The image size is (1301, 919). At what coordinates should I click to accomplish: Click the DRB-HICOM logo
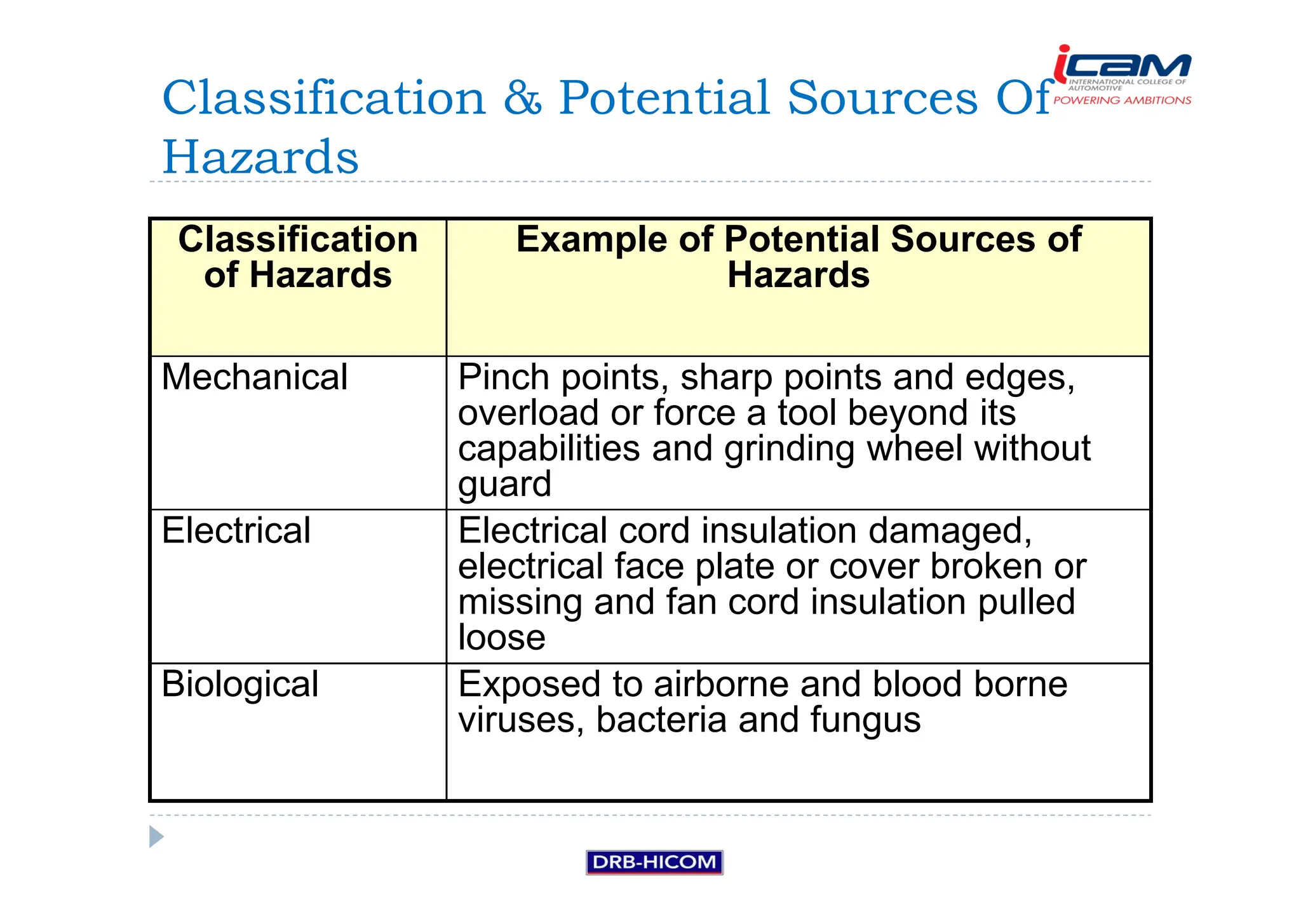pos(654,862)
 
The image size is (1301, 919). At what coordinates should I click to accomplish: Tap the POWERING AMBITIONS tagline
pos(1122,100)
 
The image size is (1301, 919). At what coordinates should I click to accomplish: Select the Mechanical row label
pos(254,377)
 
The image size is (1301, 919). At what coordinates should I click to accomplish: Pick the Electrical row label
pos(236,530)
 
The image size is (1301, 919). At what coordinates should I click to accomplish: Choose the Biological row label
pos(239,685)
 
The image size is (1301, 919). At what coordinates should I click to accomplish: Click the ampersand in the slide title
pos(522,98)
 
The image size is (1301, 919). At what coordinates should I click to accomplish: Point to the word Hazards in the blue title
pos(260,157)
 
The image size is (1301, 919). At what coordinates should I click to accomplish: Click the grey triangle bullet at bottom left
pos(156,836)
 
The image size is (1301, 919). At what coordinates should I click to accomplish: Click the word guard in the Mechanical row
pos(504,485)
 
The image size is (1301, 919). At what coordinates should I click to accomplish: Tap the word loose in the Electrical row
pos(501,638)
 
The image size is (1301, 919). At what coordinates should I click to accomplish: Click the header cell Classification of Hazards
pos(297,257)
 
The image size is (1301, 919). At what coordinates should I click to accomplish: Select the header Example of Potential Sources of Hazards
pos(798,257)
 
